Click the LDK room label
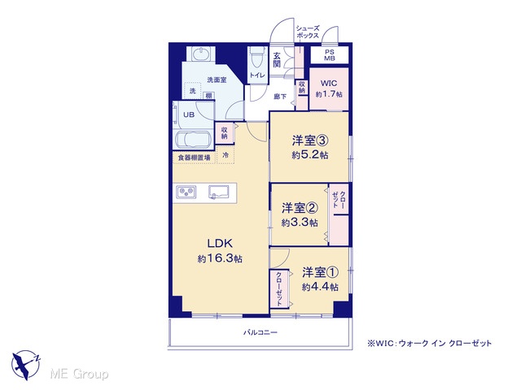coord(220,244)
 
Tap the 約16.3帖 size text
coord(220,258)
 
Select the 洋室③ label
coord(310,141)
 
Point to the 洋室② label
coord(300,208)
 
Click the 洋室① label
coord(320,272)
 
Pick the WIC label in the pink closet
coord(329,83)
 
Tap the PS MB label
coord(330,55)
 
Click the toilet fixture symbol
coord(258,59)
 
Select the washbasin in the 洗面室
coord(201,54)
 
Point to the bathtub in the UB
coord(194,140)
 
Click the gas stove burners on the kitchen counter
coord(186,192)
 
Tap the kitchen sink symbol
coord(219,192)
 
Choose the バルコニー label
coord(260,332)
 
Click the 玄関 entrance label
coord(277,59)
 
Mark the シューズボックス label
coord(308,32)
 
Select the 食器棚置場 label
coord(195,158)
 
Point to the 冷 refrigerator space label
coord(225,155)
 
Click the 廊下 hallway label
coord(280,97)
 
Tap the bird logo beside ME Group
coord(25,365)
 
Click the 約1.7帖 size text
coord(329,94)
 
